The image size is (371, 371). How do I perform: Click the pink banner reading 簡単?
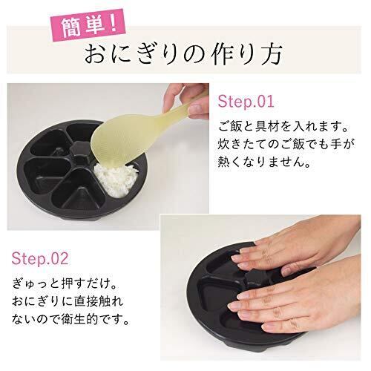click(88, 25)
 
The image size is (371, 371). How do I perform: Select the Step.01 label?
click(246, 101)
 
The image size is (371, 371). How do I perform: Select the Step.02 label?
click(40, 258)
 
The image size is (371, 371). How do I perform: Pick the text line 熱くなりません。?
click(264, 162)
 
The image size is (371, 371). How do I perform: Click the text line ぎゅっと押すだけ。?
click(65, 283)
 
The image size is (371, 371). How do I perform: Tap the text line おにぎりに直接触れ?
click(68, 302)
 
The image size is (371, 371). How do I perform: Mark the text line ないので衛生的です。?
click(70, 320)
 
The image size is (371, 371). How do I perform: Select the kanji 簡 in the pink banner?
click(71, 27)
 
